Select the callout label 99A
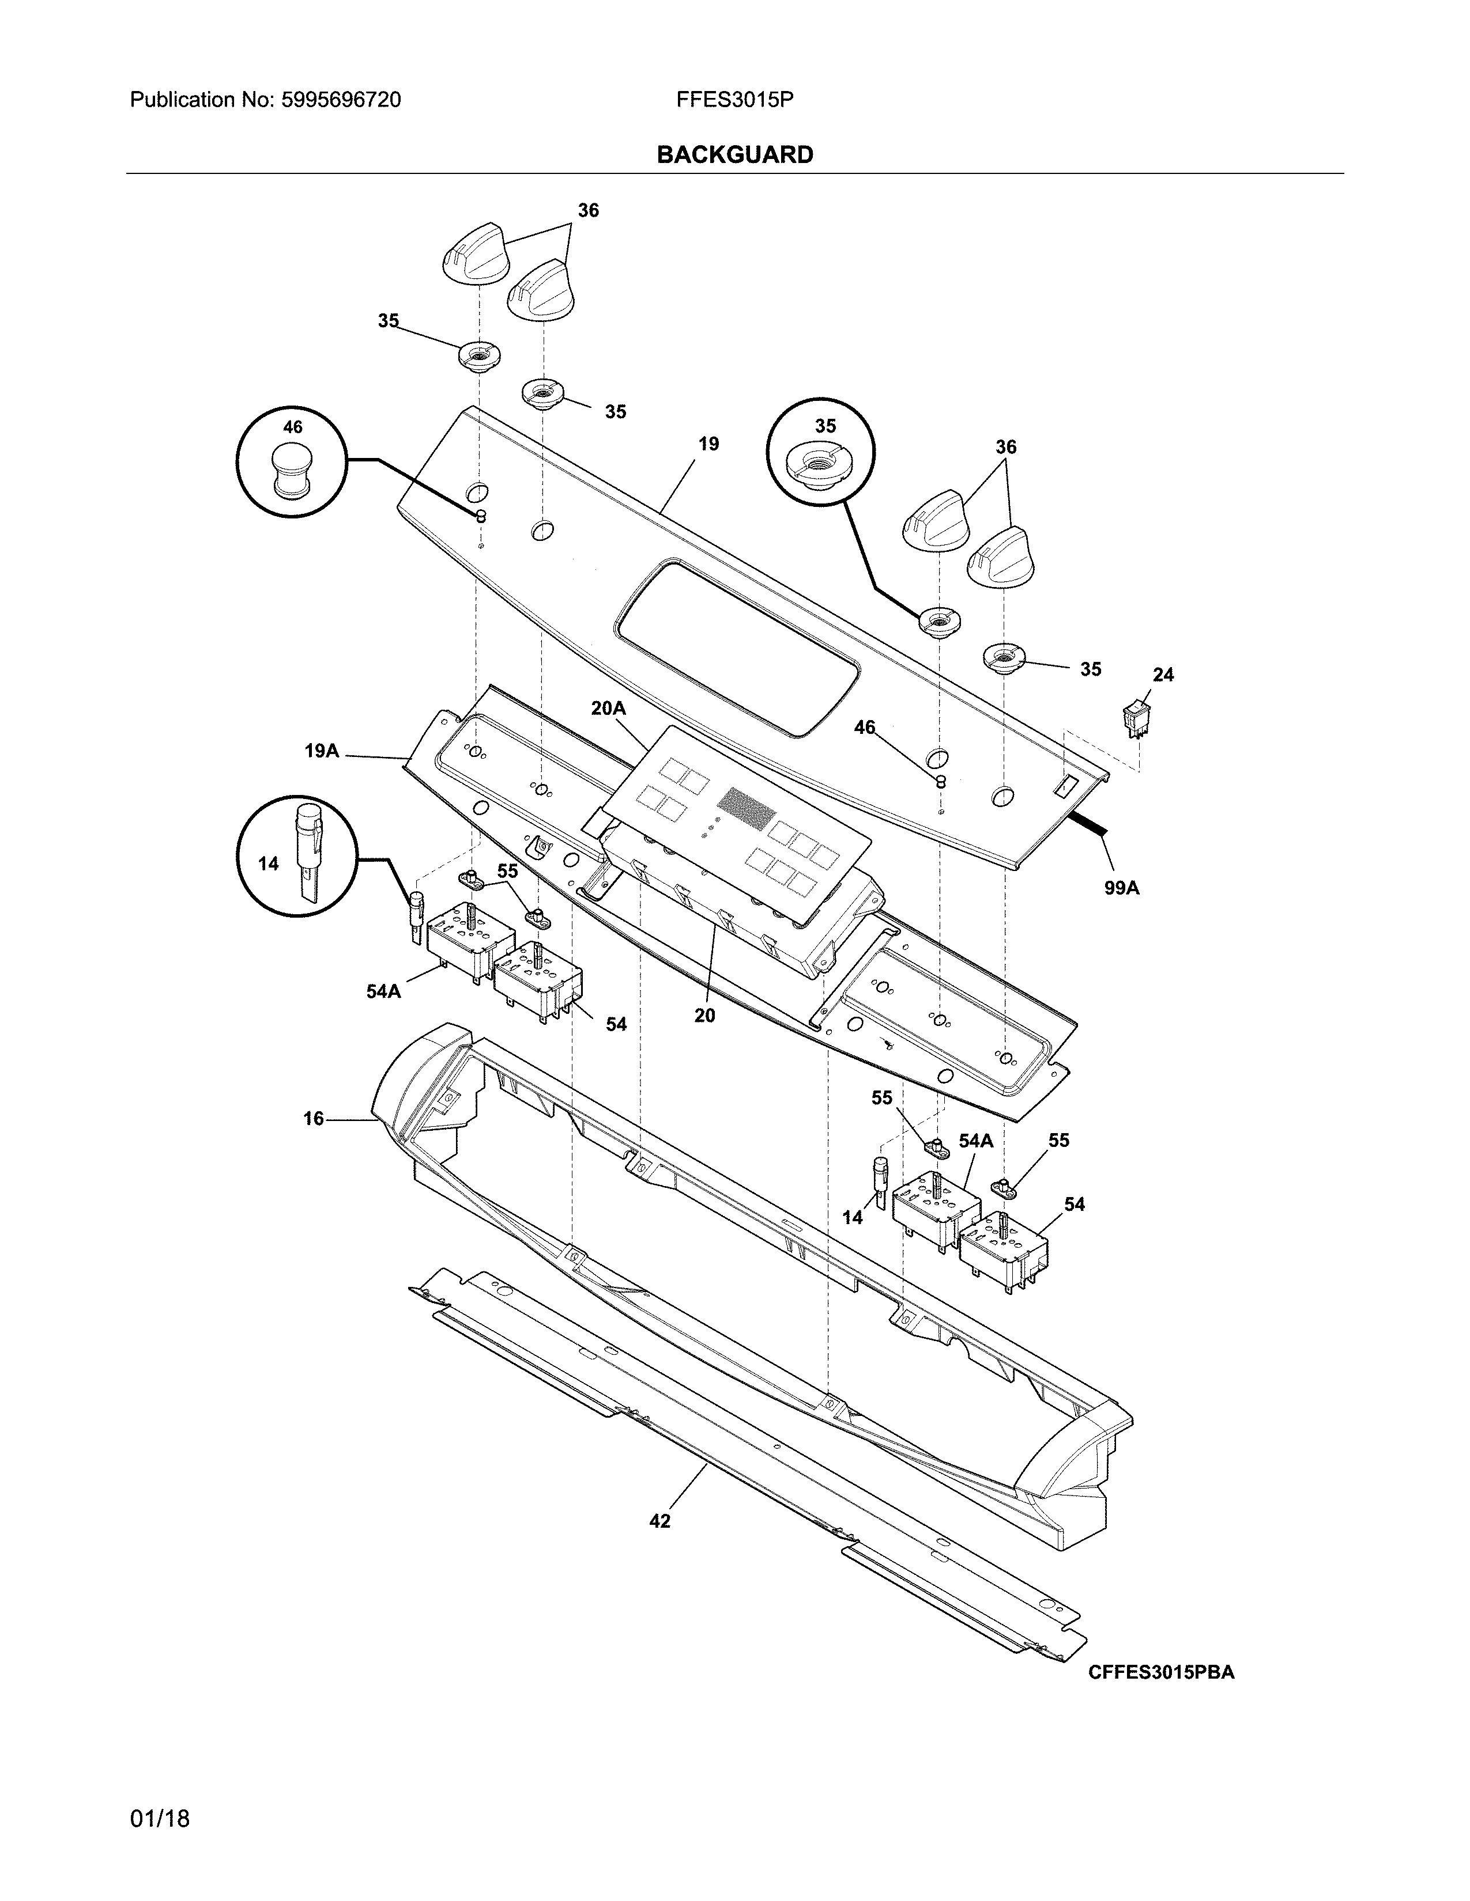point(1122,888)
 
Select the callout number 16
point(314,1119)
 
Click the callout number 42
point(660,1521)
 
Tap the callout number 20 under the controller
point(704,1015)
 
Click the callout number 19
point(709,444)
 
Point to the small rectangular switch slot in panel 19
point(1062,787)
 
